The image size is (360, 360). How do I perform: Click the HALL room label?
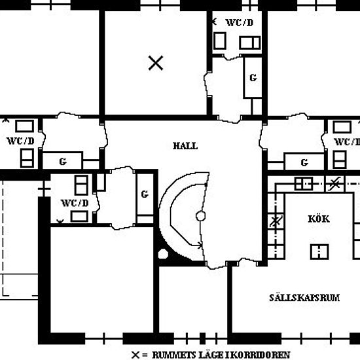[x=185, y=146]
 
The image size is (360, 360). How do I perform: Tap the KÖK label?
[x=319, y=219]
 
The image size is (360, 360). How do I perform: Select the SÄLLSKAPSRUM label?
[x=304, y=298]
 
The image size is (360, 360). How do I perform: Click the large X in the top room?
[x=156, y=63]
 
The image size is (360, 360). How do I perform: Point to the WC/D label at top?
[x=240, y=22]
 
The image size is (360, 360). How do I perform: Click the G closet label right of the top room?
[x=253, y=78]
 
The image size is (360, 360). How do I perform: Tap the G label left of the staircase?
[x=145, y=194]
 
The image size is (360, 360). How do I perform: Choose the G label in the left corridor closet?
[x=63, y=162]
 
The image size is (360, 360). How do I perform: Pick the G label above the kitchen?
[x=304, y=162]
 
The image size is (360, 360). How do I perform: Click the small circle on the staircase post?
[x=201, y=216]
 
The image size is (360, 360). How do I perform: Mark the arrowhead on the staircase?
[x=200, y=245]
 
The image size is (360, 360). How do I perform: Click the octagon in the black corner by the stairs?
[x=163, y=254]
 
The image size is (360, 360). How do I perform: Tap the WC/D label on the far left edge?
[x=21, y=141]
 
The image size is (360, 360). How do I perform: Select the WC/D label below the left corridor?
[x=75, y=203]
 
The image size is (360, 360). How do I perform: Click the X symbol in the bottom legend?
[x=135, y=355]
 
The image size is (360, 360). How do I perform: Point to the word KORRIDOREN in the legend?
[x=262, y=355]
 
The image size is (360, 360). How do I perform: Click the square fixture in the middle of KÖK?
[x=319, y=251]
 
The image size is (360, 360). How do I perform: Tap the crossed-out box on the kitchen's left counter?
[x=276, y=221]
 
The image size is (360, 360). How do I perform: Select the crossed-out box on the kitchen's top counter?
[x=334, y=184]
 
